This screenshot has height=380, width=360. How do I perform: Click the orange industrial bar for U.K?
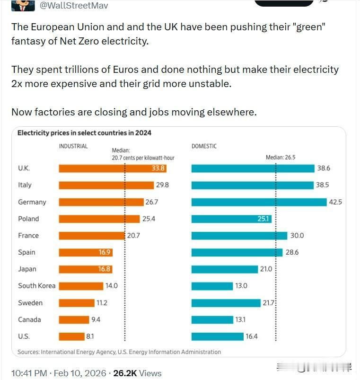click(x=113, y=168)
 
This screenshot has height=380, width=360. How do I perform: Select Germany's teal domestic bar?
click(x=259, y=202)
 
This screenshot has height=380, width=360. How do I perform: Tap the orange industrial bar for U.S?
click(x=71, y=336)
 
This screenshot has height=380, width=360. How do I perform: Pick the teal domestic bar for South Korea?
click(x=212, y=286)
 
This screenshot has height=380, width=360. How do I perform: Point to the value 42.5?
click(x=335, y=202)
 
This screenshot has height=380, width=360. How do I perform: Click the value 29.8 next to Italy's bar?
click(x=162, y=185)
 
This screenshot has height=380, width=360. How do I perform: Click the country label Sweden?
click(x=30, y=303)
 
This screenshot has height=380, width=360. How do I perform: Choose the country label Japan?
click(x=27, y=269)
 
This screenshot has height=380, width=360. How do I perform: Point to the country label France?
click(x=28, y=236)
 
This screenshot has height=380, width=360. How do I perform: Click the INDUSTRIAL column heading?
click(x=73, y=146)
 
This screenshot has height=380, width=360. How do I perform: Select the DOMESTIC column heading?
click(x=204, y=146)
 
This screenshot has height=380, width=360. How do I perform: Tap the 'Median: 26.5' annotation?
click(x=281, y=158)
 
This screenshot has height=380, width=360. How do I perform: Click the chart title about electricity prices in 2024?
click(x=84, y=133)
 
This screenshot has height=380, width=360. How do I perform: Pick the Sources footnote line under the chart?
click(x=119, y=352)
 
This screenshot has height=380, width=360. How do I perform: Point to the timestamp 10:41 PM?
click(x=29, y=373)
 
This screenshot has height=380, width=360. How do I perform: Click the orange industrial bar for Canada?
click(x=74, y=319)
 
